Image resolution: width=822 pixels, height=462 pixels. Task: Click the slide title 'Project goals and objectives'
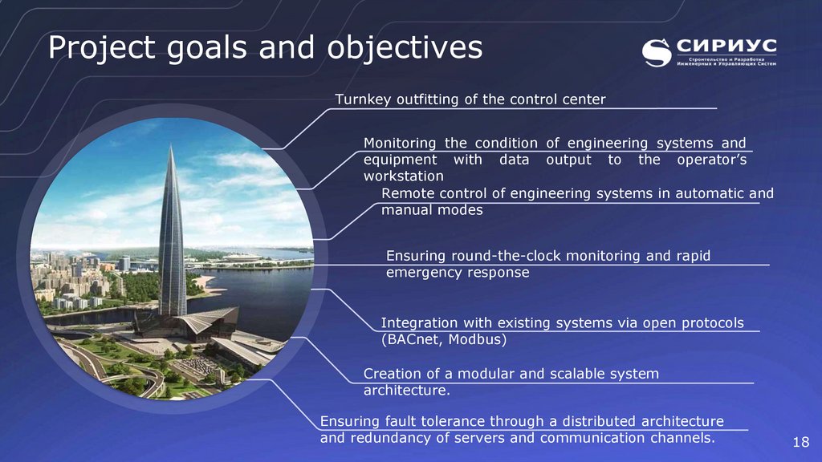pyautogui.click(x=265, y=48)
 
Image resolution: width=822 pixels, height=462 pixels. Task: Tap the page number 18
pyautogui.click(x=800, y=444)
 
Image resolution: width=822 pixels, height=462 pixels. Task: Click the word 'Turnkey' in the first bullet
pyautogui.click(x=360, y=99)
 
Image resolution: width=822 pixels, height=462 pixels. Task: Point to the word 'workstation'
pyautogui.click(x=403, y=176)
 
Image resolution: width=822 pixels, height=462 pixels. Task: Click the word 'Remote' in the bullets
pyautogui.click(x=407, y=193)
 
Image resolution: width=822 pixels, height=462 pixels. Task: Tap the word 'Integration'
pyautogui.click(x=419, y=323)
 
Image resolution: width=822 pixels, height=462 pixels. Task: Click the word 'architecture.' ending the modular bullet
pyautogui.click(x=407, y=391)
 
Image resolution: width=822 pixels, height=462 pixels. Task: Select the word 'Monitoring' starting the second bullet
pyautogui.click(x=400, y=143)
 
